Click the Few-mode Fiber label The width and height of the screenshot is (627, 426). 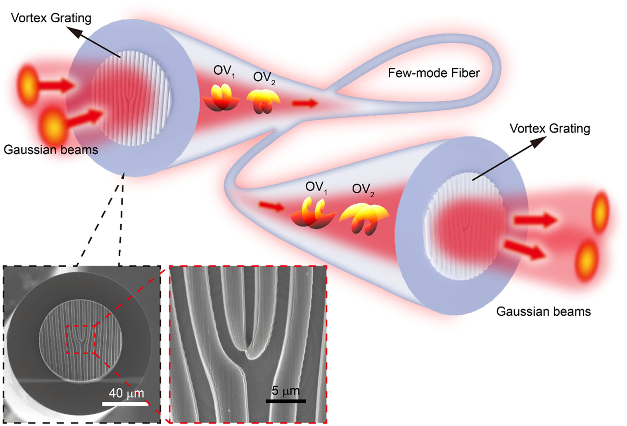click(433, 73)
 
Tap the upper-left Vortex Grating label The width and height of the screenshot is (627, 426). click(51, 18)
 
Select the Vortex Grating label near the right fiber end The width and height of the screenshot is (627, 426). click(550, 128)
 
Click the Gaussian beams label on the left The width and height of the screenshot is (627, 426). click(51, 150)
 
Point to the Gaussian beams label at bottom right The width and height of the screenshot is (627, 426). click(543, 311)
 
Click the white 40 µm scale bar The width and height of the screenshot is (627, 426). click(125, 404)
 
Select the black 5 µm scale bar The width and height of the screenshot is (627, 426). click(286, 401)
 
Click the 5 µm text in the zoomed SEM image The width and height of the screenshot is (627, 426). click(285, 391)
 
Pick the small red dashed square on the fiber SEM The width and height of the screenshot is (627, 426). click(81, 339)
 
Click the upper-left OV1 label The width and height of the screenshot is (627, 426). click(224, 71)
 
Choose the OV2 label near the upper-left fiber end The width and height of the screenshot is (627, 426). click(264, 78)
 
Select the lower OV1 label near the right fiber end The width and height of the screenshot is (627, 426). click(316, 187)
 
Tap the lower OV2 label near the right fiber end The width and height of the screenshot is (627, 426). click(363, 189)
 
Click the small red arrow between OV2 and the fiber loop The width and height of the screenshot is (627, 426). click(305, 103)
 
